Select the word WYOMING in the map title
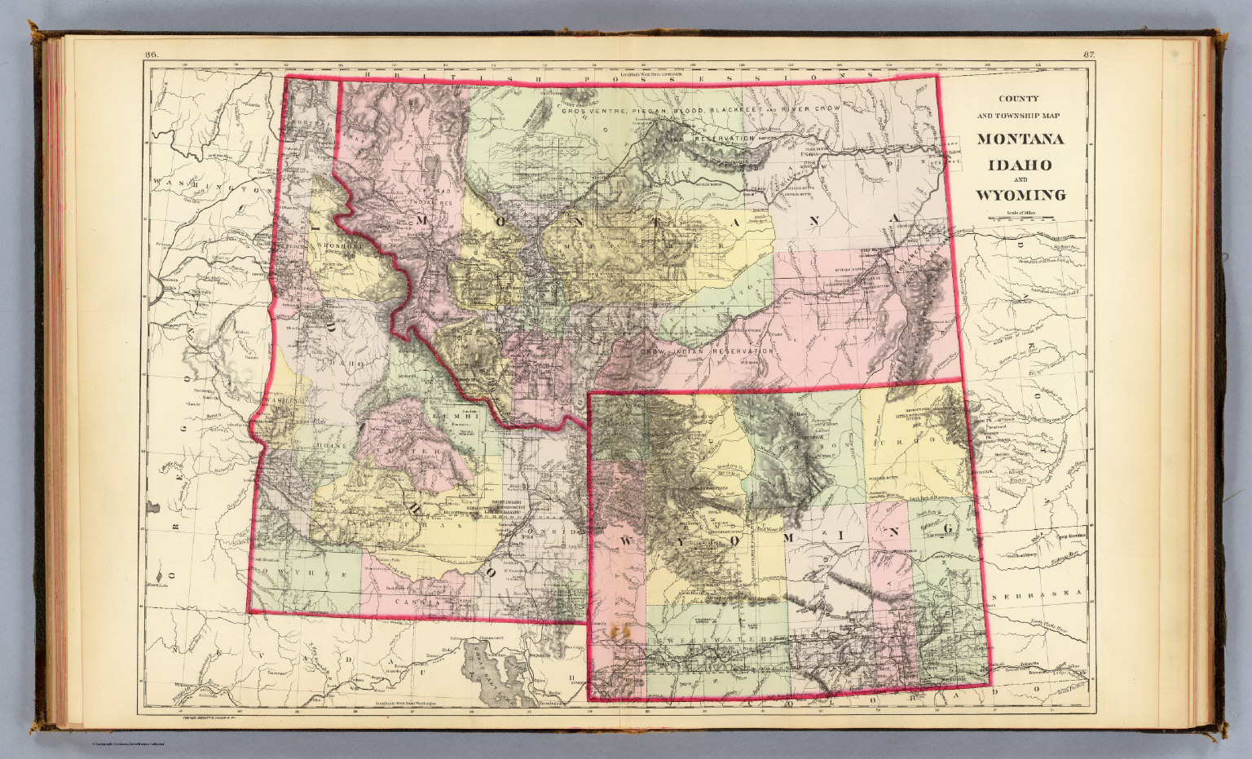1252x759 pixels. [1020, 196]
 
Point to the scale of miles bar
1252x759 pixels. [1020, 218]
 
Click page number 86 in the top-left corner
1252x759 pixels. [151, 55]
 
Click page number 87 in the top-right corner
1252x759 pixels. [1088, 55]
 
